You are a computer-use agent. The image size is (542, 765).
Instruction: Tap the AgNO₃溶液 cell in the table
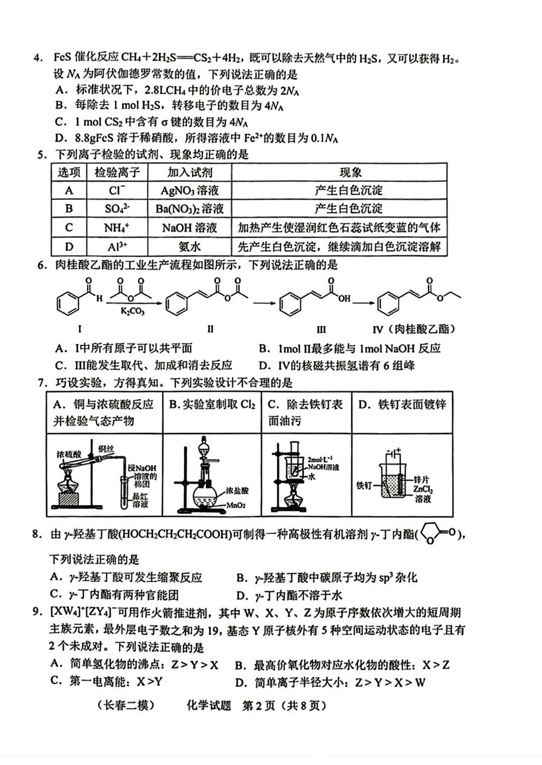tap(189, 190)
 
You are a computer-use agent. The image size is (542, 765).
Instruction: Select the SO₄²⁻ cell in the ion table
tap(117, 209)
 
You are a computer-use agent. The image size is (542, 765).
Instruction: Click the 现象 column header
tap(350, 172)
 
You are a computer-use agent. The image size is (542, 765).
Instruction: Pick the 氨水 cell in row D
tap(189, 247)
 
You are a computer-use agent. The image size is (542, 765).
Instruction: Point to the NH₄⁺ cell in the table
tap(117, 228)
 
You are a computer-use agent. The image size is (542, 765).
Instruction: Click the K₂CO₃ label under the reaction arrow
tap(132, 311)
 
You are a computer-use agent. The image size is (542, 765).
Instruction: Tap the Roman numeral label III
tap(321, 329)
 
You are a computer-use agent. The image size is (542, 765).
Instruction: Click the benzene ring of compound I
tap(68, 304)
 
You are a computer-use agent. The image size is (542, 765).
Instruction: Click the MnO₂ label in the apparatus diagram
tap(235, 505)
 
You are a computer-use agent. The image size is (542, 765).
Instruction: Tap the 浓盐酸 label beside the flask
tap(237, 491)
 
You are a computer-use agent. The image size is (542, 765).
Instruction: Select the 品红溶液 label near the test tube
tap(141, 500)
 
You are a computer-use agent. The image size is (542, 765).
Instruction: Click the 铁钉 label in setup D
tap(364, 485)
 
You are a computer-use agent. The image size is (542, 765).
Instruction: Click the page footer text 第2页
tap(259, 705)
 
